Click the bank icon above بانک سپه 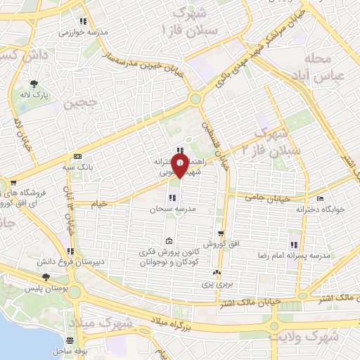coord(77,156)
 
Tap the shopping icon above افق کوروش coord(221,234)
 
